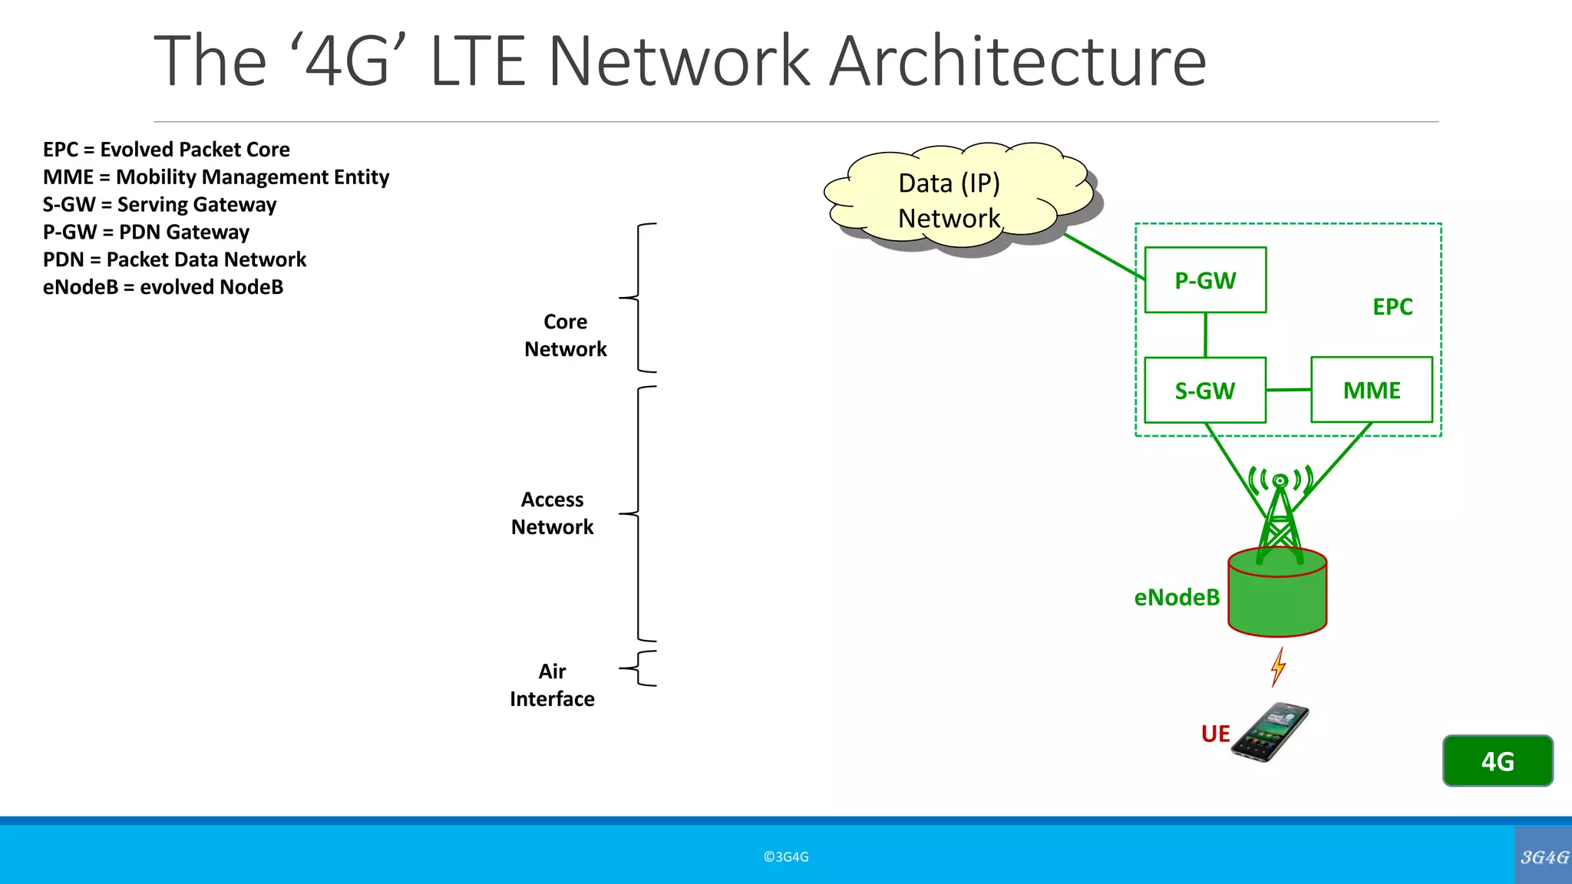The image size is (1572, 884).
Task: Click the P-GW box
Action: click(1205, 280)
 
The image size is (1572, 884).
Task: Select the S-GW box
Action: click(1205, 391)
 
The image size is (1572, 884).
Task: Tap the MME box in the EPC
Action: click(1372, 390)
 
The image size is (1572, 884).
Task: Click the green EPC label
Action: click(1392, 307)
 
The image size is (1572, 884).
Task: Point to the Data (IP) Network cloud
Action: click(950, 200)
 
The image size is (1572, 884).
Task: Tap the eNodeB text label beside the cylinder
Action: click(1177, 597)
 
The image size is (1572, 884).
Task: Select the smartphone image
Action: click(1270, 733)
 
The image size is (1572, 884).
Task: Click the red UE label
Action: click(1215, 734)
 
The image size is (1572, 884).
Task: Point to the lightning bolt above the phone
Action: click(1278, 666)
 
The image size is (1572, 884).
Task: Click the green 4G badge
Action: click(1498, 761)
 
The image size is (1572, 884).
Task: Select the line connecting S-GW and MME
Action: click(1288, 390)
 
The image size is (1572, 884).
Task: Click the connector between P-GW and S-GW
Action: click(1205, 335)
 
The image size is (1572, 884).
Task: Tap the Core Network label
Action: click(566, 335)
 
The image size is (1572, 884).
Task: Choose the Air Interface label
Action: click(552, 685)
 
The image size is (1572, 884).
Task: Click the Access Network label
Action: click(552, 513)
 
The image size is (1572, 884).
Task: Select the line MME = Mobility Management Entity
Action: click(216, 177)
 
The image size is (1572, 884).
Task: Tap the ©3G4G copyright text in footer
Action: click(786, 857)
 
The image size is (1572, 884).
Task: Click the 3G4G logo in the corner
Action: click(1544, 856)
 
